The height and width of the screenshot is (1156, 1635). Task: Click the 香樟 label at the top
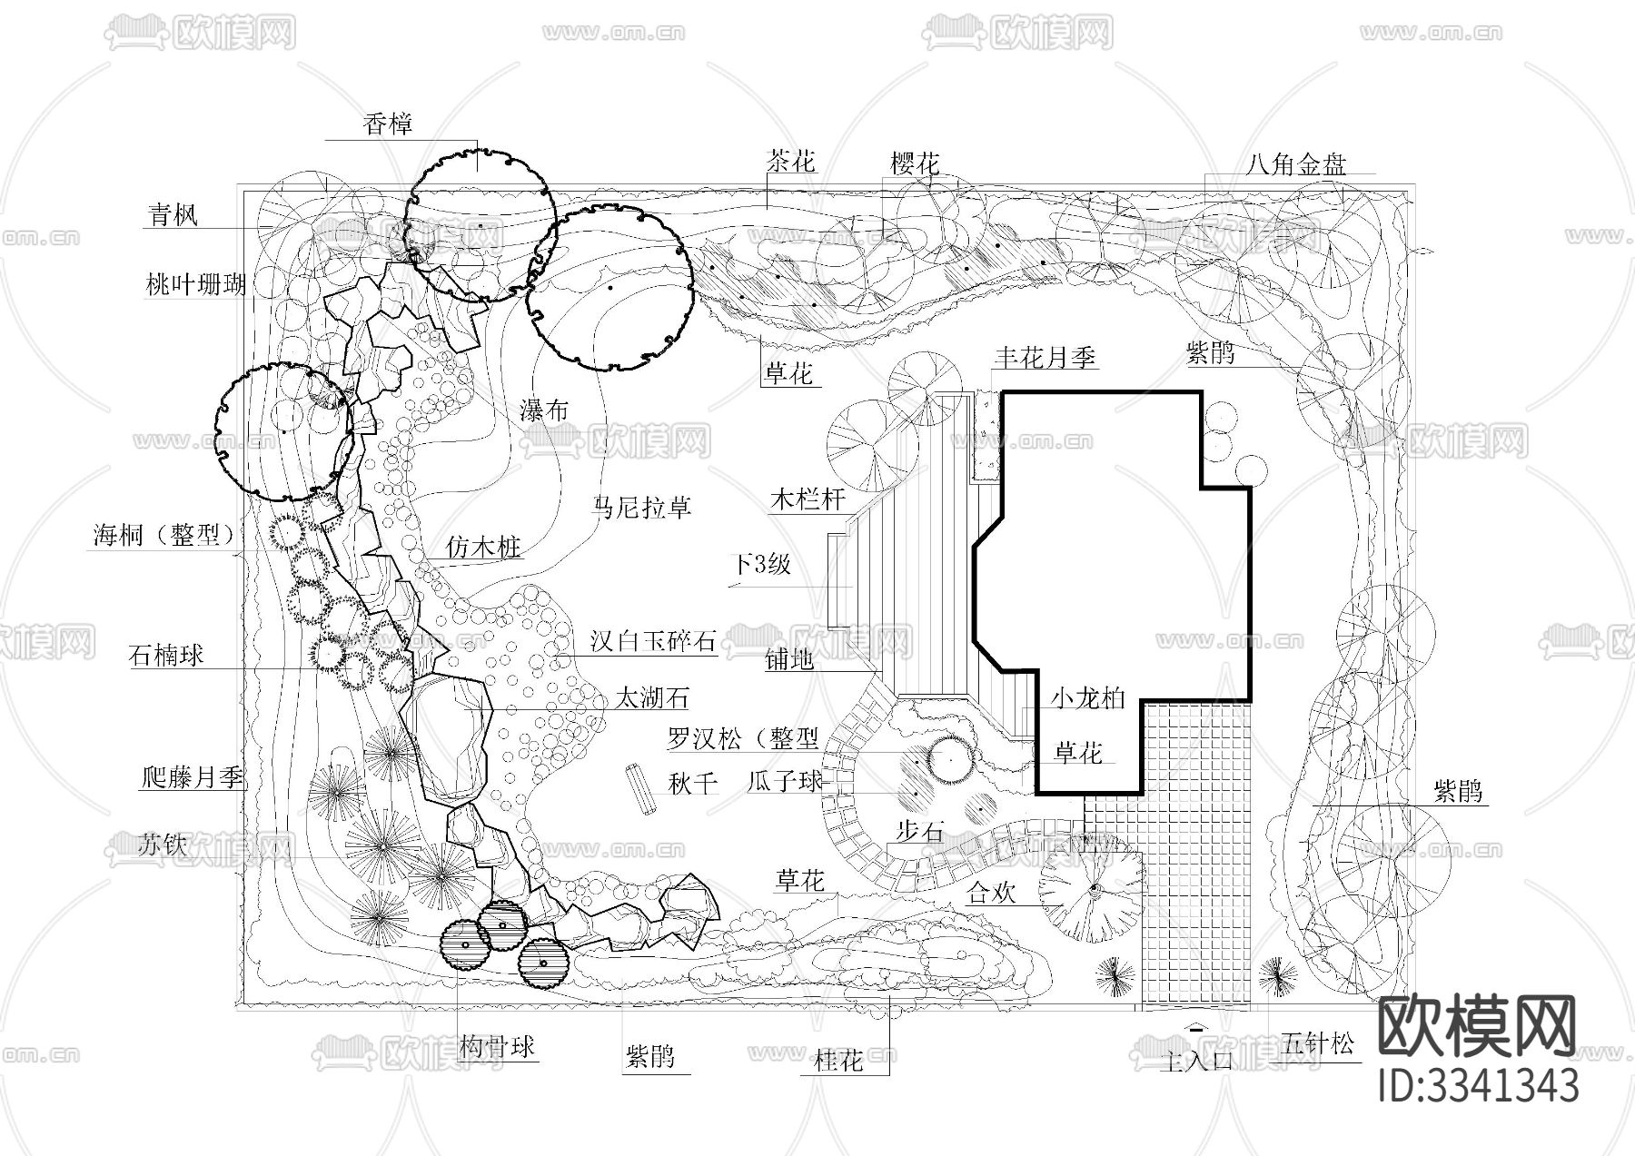(388, 124)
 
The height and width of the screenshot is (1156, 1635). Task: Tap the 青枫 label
(173, 215)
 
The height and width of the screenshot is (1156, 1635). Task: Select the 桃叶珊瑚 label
(195, 285)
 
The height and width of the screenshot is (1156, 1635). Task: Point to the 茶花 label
(791, 163)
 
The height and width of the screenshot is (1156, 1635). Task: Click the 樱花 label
(914, 164)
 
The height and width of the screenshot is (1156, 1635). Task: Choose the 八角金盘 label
(1296, 164)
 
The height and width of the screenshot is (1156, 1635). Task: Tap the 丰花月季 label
(1045, 357)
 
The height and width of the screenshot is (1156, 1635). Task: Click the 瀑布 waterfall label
(544, 411)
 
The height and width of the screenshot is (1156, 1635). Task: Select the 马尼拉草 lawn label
(641, 507)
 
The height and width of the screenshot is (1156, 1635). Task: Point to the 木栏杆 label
(808, 499)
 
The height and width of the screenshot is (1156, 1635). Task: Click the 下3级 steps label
(762, 565)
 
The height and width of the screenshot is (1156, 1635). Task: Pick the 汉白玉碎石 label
(653, 642)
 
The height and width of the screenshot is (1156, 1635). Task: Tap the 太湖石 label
(651, 698)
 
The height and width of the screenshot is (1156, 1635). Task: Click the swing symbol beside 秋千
(639, 790)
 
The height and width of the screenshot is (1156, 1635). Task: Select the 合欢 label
(990, 893)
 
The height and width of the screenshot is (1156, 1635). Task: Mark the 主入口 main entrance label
(1196, 1060)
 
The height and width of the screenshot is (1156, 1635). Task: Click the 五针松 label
(1317, 1044)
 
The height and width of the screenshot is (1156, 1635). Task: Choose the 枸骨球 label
(497, 1047)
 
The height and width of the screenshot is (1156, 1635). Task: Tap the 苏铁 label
(163, 845)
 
